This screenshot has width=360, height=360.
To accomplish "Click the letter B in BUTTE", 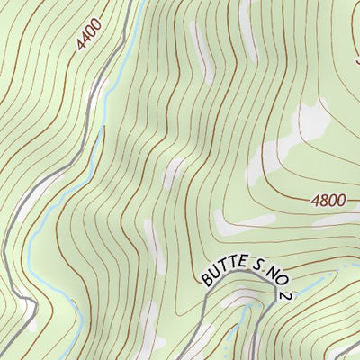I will click(x=208, y=282).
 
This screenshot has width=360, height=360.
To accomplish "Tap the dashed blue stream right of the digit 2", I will click(x=310, y=284).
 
